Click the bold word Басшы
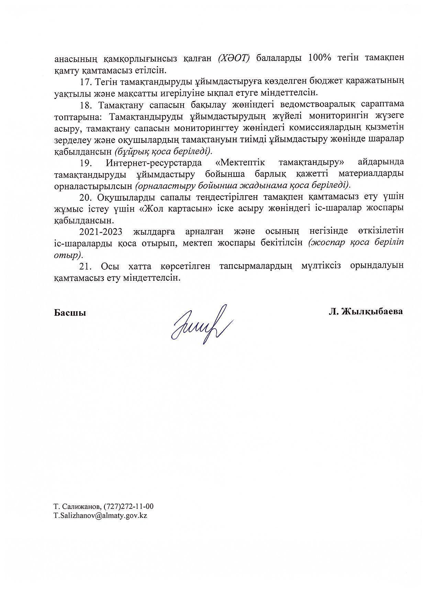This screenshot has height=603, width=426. [x=70, y=313]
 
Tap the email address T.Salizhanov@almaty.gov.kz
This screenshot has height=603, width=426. [x=100, y=516]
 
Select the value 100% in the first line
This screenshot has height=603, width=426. [x=320, y=58]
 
